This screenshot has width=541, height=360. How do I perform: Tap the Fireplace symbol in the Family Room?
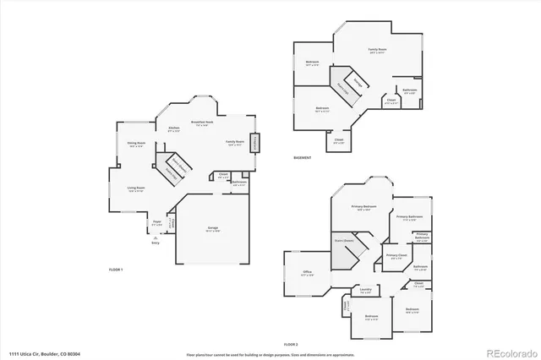255,145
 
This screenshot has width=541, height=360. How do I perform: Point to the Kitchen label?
175,128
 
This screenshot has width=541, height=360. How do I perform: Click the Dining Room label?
136,144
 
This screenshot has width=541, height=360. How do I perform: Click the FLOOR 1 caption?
116,269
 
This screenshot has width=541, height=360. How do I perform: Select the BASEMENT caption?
302,158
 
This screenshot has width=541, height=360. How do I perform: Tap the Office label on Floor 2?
308,271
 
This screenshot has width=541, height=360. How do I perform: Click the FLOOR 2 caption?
292,345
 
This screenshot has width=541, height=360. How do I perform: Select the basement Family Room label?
377,50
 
